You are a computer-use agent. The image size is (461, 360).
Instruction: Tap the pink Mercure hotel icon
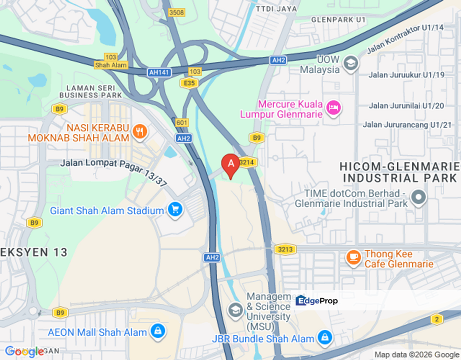333,107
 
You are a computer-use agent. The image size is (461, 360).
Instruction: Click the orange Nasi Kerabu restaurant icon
140,131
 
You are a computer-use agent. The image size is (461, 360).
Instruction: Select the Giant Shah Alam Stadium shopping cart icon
174,210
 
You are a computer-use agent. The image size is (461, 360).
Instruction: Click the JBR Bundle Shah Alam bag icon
325,337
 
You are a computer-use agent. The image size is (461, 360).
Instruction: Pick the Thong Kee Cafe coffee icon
353,258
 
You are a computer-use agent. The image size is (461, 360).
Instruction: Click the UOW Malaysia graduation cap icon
351,63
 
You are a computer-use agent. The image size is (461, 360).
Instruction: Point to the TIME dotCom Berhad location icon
418,197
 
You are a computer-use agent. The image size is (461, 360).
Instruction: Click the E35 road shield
189,83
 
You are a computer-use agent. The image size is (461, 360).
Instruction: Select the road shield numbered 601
182,122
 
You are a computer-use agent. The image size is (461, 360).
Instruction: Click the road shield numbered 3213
284,249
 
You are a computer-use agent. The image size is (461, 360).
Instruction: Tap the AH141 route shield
159,72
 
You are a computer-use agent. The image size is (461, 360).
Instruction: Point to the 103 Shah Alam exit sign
111,61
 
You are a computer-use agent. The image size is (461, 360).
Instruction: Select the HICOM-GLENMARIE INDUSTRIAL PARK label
398,172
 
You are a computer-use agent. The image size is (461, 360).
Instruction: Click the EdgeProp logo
316,300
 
